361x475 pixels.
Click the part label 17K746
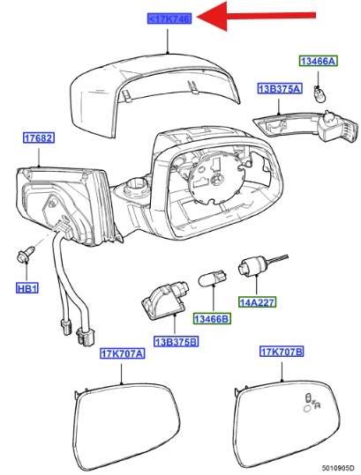coord(169,19)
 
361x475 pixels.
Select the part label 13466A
coord(319,61)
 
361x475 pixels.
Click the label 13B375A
coord(280,88)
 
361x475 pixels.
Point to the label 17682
coord(39,137)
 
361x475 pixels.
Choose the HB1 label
coord(27,288)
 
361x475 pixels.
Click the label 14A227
coord(257,302)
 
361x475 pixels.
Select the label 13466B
coord(212,318)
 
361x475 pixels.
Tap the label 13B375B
coord(176,341)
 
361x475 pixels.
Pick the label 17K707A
coord(123,353)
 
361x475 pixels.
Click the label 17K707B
coord(282,352)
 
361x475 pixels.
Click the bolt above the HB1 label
coord(26,254)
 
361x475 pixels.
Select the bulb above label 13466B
coord(213,278)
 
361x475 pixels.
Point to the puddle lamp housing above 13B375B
coord(165,300)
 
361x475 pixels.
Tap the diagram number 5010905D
coord(339,467)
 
